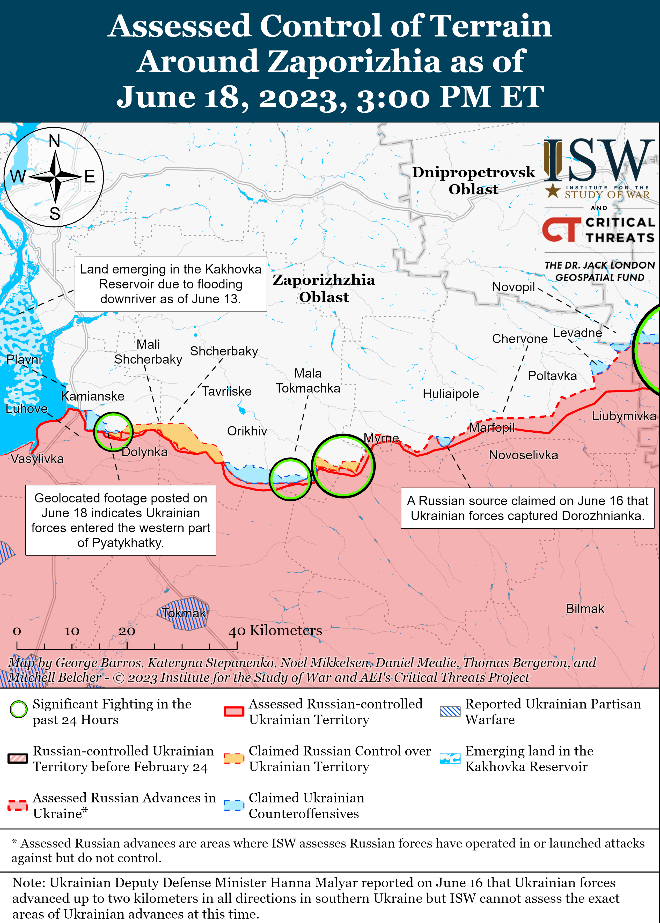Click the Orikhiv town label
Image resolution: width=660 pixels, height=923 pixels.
tap(247, 431)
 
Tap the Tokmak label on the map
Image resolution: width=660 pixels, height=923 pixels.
tap(184, 613)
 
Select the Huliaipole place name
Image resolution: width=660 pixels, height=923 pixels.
tap(451, 394)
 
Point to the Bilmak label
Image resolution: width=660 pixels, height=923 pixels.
tap(585, 609)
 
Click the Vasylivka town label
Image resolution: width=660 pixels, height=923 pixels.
tap(37, 459)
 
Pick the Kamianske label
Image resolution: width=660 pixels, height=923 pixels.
tap(93, 396)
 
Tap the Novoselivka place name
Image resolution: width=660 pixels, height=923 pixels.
tap(523, 455)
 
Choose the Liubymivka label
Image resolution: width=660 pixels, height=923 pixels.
tap(624, 416)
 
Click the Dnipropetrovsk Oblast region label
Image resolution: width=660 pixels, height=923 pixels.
tap(473, 180)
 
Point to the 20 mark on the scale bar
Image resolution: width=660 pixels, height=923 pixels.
tap(127, 631)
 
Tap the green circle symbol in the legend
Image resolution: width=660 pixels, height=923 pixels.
tap(19, 709)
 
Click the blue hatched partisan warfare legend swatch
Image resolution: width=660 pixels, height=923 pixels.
tap(450, 711)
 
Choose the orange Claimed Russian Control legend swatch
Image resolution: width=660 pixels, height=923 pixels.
tap(234, 758)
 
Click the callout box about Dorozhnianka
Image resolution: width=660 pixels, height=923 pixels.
tap(527, 508)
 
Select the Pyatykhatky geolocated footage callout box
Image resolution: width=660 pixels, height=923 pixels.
tap(121, 520)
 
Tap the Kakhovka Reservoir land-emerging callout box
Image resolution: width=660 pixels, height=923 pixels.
tap(171, 284)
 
